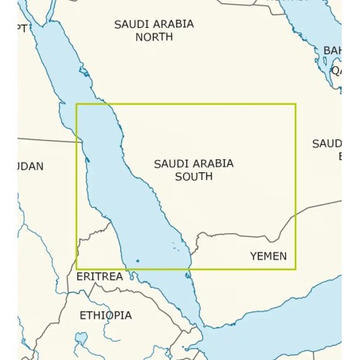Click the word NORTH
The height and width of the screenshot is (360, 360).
(154, 37)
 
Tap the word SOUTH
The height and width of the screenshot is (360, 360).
(194, 176)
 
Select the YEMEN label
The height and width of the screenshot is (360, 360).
(268, 256)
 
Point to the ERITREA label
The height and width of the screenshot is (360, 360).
(100, 276)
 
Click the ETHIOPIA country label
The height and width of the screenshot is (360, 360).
(105, 315)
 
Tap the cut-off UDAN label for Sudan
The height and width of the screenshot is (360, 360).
(29, 166)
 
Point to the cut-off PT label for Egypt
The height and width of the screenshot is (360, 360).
(22, 29)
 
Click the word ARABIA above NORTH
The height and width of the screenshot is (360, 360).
(173, 24)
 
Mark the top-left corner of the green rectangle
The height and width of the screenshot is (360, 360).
(76, 104)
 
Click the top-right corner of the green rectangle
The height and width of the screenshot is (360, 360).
(295, 104)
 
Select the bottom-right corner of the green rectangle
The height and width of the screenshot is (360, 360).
(295, 269)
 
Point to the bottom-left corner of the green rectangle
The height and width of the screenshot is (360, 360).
(76, 269)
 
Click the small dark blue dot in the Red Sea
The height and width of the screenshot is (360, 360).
(137, 260)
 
